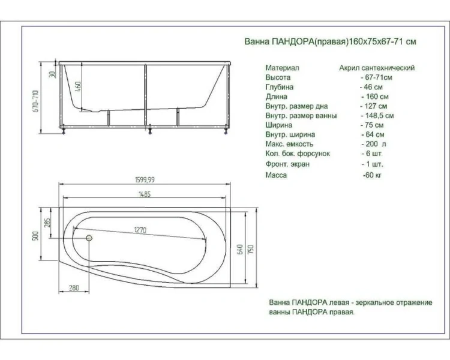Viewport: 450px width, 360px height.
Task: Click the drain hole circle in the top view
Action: click(x=89, y=238)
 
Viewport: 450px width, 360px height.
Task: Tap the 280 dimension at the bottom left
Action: click(x=74, y=288)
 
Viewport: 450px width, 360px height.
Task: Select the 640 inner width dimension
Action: click(x=239, y=248)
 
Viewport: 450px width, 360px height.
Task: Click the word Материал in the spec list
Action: click(x=282, y=68)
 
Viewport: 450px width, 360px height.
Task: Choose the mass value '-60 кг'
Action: click(x=372, y=175)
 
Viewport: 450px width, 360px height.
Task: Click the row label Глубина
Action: click(x=280, y=87)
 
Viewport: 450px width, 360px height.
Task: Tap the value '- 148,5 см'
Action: click(x=377, y=116)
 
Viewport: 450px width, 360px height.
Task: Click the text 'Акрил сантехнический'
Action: click(x=377, y=68)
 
